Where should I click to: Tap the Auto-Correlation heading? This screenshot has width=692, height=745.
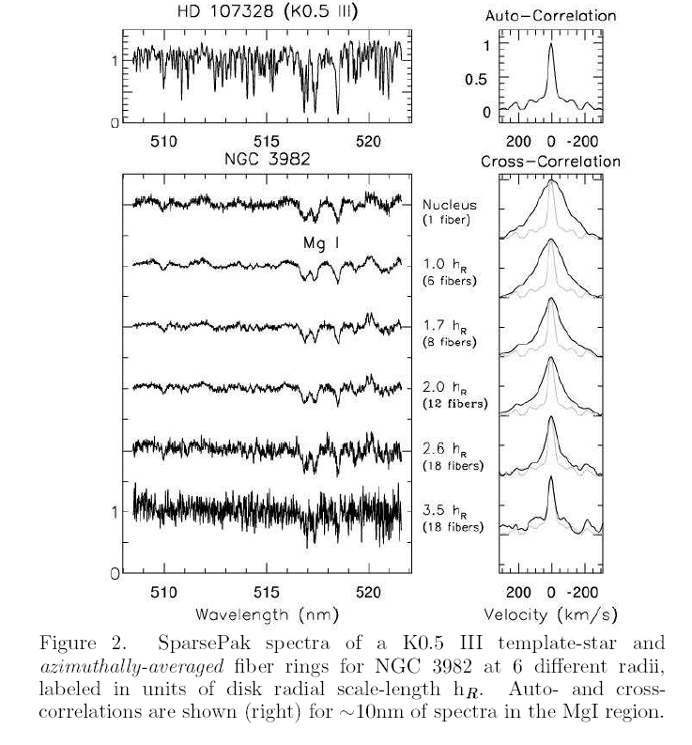click(549, 16)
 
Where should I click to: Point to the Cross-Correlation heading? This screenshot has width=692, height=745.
click(550, 161)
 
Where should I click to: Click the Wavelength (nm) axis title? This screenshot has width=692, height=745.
click(265, 614)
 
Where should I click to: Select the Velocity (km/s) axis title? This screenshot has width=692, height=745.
click(550, 614)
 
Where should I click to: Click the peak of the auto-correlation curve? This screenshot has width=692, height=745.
click(551, 44)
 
